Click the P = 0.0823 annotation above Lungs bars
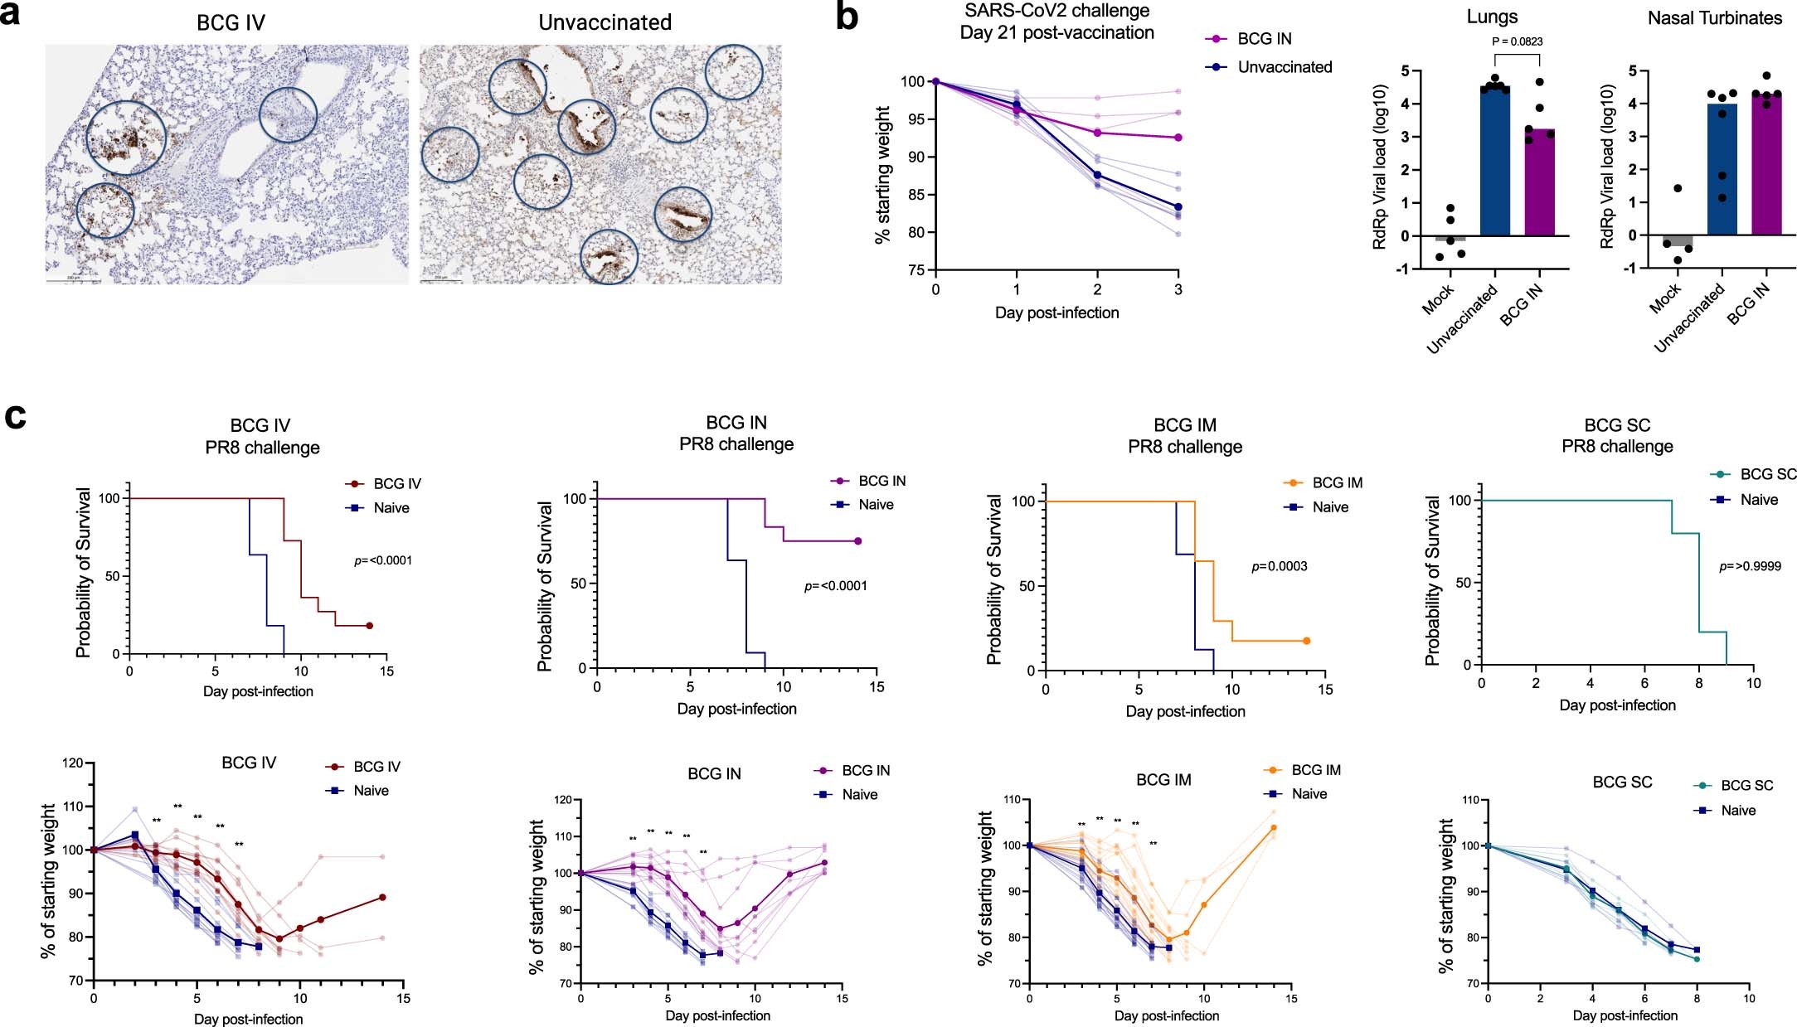point(1517,41)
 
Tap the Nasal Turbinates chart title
point(1714,18)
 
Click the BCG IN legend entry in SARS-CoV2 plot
point(1264,39)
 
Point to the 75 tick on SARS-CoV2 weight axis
point(916,270)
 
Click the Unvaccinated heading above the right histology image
point(605,22)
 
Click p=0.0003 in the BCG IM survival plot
point(1279,567)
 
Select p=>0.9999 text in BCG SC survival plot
point(1750,567)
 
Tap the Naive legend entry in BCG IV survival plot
point(391,508)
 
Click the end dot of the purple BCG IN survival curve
point(857,541)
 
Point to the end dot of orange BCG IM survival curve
point(1306,641)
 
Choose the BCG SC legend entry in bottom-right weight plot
point(1746,786)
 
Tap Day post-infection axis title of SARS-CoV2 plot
point(1056,313)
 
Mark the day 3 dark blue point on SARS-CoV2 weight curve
point(1178,207)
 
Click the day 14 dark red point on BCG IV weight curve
point(382,897)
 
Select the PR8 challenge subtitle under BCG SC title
point(1617,447)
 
